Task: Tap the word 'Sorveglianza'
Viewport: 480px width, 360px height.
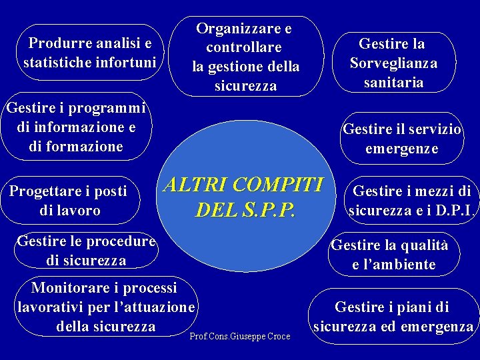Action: pyautogui.click(x=393, y=63)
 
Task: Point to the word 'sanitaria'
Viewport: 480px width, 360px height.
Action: pyautogui.click(x=393, y=83)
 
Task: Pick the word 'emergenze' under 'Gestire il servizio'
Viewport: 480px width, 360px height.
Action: pyautogui.click(x=401, y=148)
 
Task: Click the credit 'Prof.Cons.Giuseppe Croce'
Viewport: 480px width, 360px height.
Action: pyautogui.click(x=240, y=337)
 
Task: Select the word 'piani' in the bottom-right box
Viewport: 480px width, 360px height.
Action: pyautogui.click(x=408, y=307)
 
